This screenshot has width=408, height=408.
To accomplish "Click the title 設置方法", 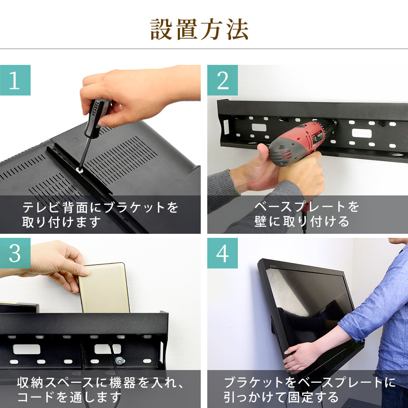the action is point(199,29).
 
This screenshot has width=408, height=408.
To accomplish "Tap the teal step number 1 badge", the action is point(15,80).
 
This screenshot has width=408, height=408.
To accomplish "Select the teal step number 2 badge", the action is point(222,80).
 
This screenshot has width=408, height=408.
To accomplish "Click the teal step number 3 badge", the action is point(15,253).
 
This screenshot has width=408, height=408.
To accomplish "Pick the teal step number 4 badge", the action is point(222,253).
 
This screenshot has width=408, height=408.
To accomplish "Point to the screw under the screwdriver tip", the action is point(80,171).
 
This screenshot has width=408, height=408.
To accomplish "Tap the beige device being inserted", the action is point(104,288).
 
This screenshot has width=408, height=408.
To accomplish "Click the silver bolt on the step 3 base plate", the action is point(120,361).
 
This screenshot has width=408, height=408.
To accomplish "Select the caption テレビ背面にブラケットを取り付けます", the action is point(100,215).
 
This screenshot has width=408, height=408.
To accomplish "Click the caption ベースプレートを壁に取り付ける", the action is point(307,214).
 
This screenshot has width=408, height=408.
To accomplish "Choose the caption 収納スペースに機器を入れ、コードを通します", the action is point(100,390).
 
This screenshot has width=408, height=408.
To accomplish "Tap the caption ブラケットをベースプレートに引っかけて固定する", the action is point(310,390).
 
